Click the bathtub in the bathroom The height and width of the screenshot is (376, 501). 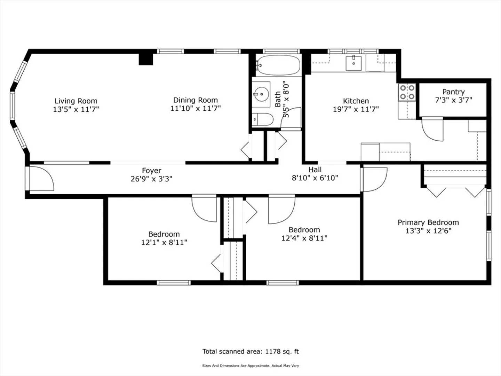point(278,65)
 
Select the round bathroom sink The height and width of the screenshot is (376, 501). point(262,94)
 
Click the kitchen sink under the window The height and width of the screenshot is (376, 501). point(353,63)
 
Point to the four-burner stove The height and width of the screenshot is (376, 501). point(407,92)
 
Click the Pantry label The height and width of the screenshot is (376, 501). point(453,92)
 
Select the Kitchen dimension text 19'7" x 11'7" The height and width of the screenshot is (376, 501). point(356,109)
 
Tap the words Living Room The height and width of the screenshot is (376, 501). point(76,101)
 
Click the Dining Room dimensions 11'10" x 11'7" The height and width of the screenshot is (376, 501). point(196,108)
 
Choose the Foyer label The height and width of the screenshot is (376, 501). point(152,171)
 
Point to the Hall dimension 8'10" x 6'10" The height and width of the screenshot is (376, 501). point(315,178)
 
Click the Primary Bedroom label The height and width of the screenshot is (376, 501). point(428,222)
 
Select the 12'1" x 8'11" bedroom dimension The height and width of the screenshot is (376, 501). point(164,242)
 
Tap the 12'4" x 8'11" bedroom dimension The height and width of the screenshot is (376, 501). point(304,238)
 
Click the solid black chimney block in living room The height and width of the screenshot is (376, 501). point(146,59)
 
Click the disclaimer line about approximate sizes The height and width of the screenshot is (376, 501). point(250,366)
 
